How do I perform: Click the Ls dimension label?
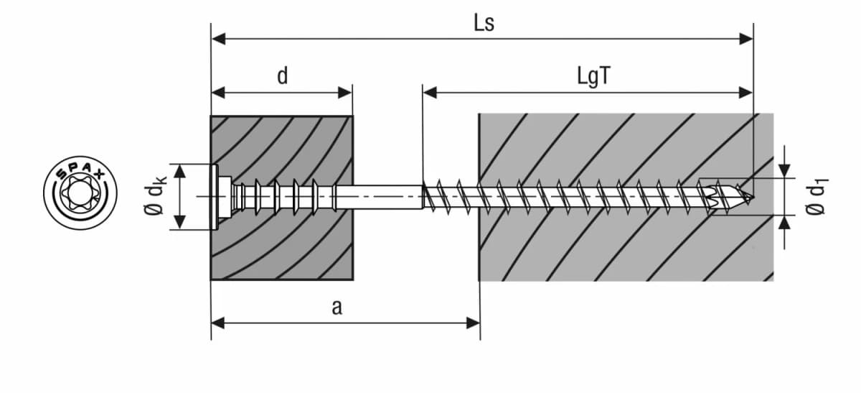click(x=483, y=23)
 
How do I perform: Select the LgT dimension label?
click(x=593, y=76)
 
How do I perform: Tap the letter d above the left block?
click(x=283, y=75)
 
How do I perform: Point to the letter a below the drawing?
click(x=336, y=308)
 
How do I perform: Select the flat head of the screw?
click(x=216, y=196)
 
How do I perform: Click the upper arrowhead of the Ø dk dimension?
click(x=180, y=170)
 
